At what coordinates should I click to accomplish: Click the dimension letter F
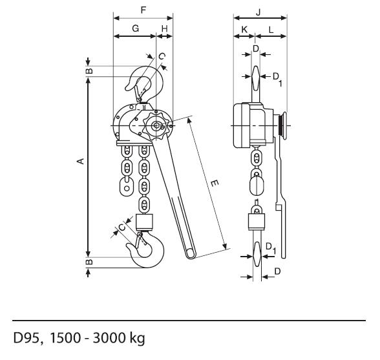tap(143, 10)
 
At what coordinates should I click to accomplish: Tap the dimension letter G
tap(136, 28)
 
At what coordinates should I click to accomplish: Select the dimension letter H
tap(165, 29)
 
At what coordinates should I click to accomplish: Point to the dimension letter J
tap(259, 12)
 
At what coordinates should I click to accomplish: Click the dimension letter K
tap(244, 30)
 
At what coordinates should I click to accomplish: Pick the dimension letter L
tap(271, 30)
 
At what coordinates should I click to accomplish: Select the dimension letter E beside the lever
tap(215, 184)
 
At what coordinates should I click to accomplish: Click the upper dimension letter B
tap(89, 71)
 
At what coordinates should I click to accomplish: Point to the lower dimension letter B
tap(89, 262)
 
